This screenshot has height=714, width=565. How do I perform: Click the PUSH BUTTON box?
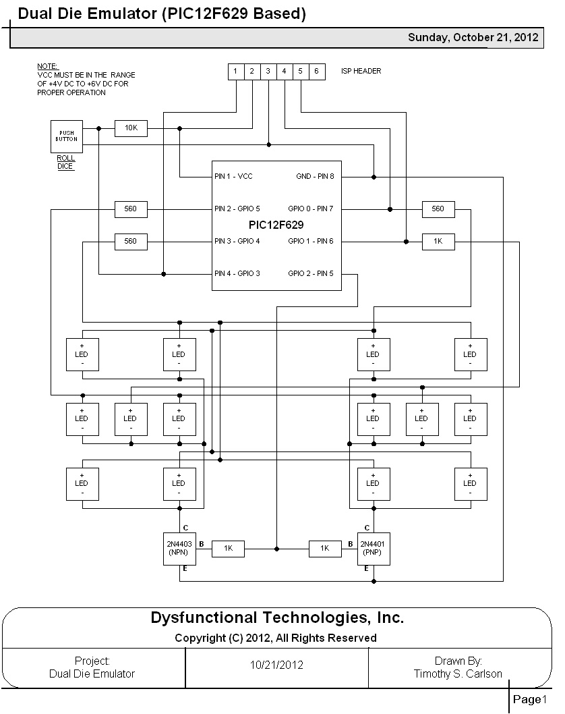(x=66, y=136)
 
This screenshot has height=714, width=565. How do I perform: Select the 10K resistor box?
(x=131, y=128)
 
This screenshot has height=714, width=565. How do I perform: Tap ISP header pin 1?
(x=235, y=71)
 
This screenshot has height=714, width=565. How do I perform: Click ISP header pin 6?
(x=316, y=71)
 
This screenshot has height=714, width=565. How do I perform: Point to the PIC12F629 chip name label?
(x=276, y=225)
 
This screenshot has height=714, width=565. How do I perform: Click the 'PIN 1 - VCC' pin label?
(x=233, y=177)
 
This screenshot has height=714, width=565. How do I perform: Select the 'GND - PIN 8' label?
(x=315, y=177)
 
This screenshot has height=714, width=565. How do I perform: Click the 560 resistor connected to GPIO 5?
(x=131, y=209)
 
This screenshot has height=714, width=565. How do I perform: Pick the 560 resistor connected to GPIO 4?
(x=131, y=242)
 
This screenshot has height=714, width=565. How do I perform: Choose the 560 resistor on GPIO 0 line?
(x=438, y=209)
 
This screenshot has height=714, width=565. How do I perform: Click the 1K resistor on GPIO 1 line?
(x=438, y=242)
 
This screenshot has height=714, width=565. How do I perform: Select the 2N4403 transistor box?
(x=179, y=548)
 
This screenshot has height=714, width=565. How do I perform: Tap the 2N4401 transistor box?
(x=373, y=548)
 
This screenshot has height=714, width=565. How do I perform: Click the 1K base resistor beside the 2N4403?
(x=228, y=549)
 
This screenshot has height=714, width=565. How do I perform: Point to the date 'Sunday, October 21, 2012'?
(x=473, y=38)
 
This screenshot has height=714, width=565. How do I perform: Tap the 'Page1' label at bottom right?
(x=530, y=699)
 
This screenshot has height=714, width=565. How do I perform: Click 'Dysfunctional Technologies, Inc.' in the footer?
(x=276, y=617)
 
